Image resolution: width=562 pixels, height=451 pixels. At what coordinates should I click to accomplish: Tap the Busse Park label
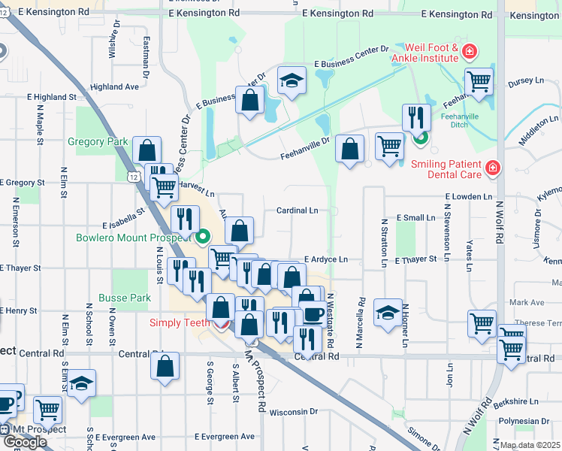(125, 298)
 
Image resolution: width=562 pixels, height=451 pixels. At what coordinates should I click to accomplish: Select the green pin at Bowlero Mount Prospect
(203, 239)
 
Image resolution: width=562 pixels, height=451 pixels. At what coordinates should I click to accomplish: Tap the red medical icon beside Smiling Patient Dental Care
(492, 168)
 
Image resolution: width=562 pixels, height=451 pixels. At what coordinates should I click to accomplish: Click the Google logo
(25, 442)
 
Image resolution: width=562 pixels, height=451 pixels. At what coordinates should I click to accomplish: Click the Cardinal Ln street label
(298, 211)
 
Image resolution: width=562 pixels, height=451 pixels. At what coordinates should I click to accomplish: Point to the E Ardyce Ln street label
(326, 259)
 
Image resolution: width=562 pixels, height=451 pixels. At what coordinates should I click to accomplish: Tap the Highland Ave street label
(114, 87)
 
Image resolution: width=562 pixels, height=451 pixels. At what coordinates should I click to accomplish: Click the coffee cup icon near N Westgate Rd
(313, 312)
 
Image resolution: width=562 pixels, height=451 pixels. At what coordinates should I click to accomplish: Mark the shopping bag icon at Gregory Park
(147, 149)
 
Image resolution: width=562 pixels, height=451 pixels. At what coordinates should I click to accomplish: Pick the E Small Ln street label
(415, 218)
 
